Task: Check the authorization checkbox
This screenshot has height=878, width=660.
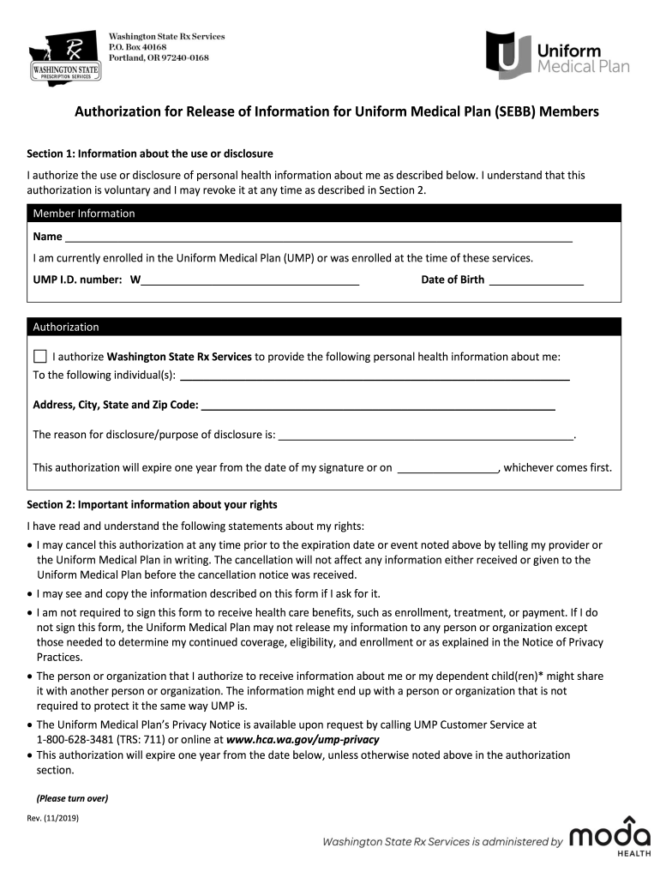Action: click(x=39, y=356)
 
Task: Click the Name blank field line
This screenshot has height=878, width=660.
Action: click(x=318, y=238)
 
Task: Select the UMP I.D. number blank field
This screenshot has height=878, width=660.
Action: click(x=249, y=280)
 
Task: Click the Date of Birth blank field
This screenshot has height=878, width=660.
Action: click(x=536, y=280)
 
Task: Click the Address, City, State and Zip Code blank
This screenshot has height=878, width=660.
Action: click(x=377, y=406)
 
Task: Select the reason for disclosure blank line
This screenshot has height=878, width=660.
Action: click(x=426, y=436)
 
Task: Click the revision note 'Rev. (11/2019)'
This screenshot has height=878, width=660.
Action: click(x=53, y=818)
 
